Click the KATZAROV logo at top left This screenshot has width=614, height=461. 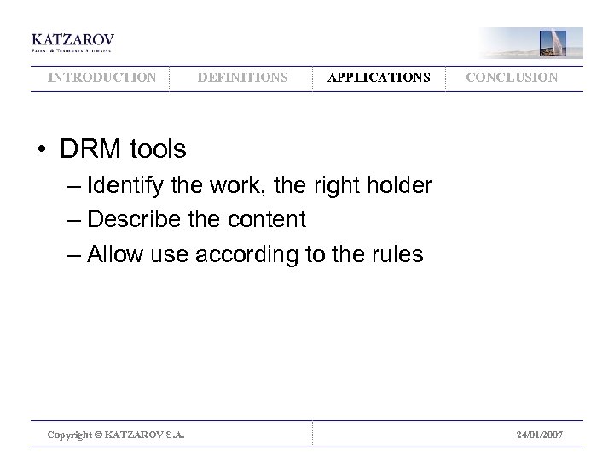coord(72,42)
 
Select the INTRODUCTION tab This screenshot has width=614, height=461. coord(102,78)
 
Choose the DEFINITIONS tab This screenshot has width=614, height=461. coord(243,78)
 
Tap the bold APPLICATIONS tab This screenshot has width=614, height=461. coord(379,78)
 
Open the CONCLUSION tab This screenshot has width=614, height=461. coord(513,78)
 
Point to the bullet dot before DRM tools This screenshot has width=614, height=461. coord(41,150)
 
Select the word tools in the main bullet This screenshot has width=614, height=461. coord(154,149)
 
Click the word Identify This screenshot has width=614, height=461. coord(126,185)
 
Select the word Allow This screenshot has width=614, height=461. coord(113,254)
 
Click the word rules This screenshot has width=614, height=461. coord(395,254)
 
